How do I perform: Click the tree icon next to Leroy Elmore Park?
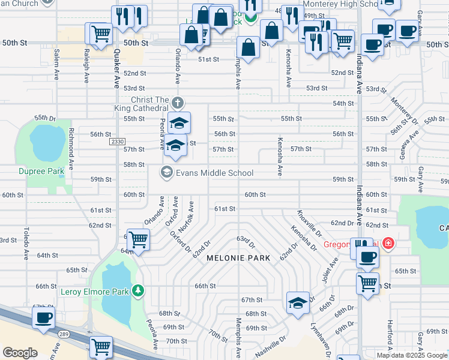pos(139,292)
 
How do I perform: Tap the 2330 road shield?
pos(117,142)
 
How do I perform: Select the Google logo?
pos(20,353)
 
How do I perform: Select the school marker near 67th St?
pos(297,303)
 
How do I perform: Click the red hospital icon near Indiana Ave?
pos(388,244)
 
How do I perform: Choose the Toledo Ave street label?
pos(26,243)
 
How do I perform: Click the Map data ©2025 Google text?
pos(412,355)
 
